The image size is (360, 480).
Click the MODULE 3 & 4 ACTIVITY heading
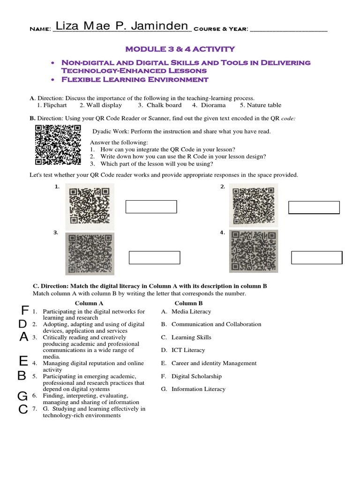(x=180, y=49)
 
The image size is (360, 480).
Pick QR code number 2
(x=254, y=205)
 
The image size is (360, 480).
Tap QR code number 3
(x=90, y=254)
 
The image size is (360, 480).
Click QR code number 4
(x=253, y=251)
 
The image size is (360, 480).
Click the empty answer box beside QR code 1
(x=151, y=207)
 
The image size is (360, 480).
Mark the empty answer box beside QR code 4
(x=316, y=258)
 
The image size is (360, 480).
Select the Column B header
(x=189, y=303)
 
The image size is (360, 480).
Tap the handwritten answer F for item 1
(x=25, y=310)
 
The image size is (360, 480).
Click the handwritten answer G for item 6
(x=22, y=397)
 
